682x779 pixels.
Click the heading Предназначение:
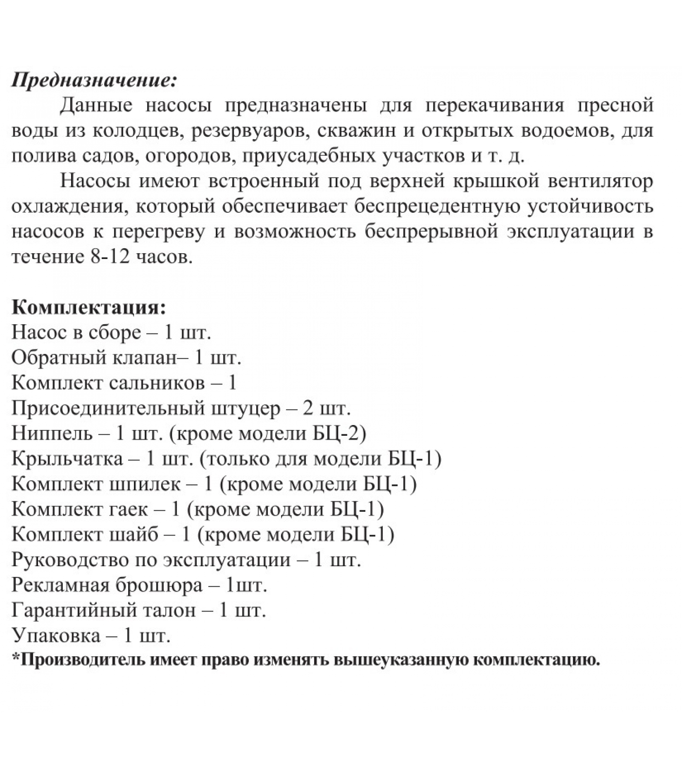pos(94,79)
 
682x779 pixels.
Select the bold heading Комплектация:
pos(89,307)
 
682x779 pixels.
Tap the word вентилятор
pos(600,181)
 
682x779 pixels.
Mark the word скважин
pos(355,130)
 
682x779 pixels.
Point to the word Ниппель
pos(52,433)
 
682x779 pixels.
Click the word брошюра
pos(159,585)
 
